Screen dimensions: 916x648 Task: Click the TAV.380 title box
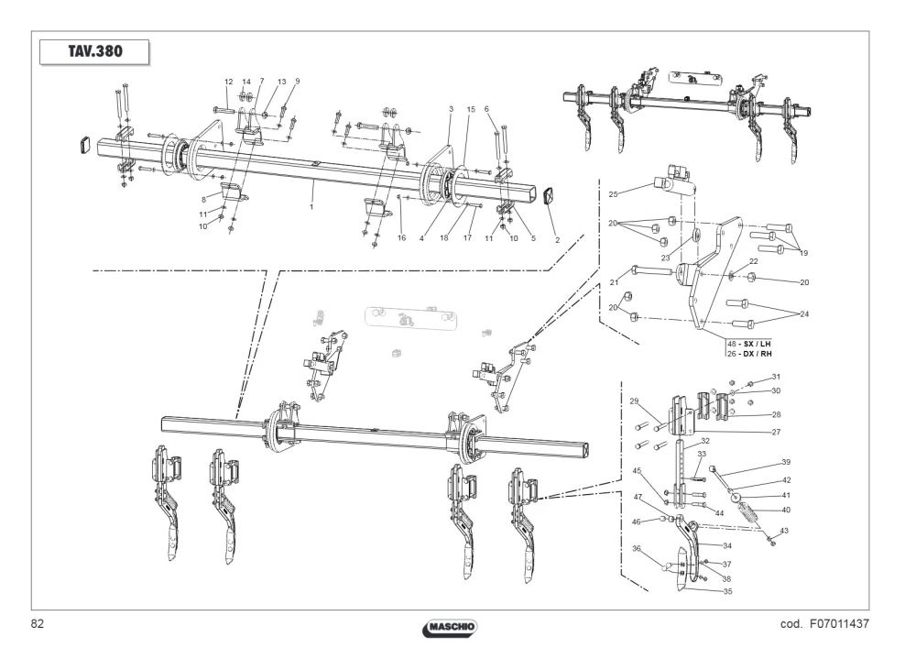tap(94, 51)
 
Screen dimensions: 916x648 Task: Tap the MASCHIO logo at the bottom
tap(450, 628)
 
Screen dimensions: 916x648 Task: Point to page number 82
tap(37, 624)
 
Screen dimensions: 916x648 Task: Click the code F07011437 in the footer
tap(824, 624)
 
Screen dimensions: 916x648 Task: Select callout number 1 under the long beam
tap(311, 207)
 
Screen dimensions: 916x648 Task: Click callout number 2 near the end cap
tap(557, 239)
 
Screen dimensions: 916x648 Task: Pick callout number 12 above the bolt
tap(228, 82)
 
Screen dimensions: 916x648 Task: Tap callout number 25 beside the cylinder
tap(613, 194)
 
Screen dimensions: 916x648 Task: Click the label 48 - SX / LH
tap(749, 344)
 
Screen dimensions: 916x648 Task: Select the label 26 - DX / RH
tap(749, 354)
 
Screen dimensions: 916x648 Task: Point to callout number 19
tap(803, 253)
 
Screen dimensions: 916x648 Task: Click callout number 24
tap(804, 314)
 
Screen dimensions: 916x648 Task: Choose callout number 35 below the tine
tap(727, 591)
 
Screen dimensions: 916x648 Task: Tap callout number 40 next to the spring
tap(786, 511)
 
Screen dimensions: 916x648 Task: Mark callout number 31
tap(776, 377)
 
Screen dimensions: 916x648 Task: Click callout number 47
tap(638, 498)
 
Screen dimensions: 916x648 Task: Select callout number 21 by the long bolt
tap(614, 283)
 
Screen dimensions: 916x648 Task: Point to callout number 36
tap(637, 549)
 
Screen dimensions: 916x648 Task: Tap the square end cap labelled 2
tap(549, 196)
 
